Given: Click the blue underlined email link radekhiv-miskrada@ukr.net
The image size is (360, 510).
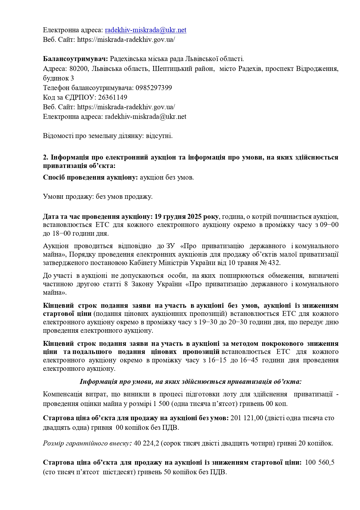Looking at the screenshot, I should pyautogui.click(x=145, y=30).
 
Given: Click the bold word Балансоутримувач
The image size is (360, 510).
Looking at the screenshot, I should pyautogui.click(x=75, y=59).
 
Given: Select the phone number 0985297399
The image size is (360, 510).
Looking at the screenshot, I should pyautogui.click(x=154, y=88).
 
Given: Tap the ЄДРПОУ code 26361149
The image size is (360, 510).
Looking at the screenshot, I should pyautogui.click(x=113, y=97).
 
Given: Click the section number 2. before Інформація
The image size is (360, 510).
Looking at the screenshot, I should pyautogui.click(x=46, y=158).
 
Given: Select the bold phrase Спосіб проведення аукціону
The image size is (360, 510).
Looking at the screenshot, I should pyautogui.click(x=90, y=177).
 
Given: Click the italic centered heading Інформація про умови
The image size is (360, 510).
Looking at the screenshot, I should pyautogui.click(x=190, y=382).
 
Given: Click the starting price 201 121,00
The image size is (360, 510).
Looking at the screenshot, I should pyautogui.click(x=246, y=418).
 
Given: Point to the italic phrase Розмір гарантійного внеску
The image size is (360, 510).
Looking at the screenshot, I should pyautogui.click(x=87, y=443).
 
